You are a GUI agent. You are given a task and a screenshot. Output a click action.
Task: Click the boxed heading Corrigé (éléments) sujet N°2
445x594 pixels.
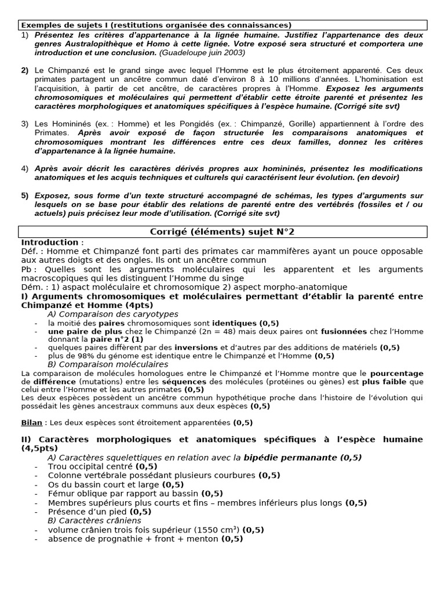coord(222,232)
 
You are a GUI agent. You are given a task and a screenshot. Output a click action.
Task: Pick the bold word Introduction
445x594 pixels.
coord(50,242)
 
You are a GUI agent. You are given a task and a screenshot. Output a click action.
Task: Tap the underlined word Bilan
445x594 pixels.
coord(32,423)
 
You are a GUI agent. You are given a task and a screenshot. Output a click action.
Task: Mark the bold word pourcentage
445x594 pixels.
coord(398,373)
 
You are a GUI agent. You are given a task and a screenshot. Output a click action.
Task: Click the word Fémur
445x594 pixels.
coord(61,494)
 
